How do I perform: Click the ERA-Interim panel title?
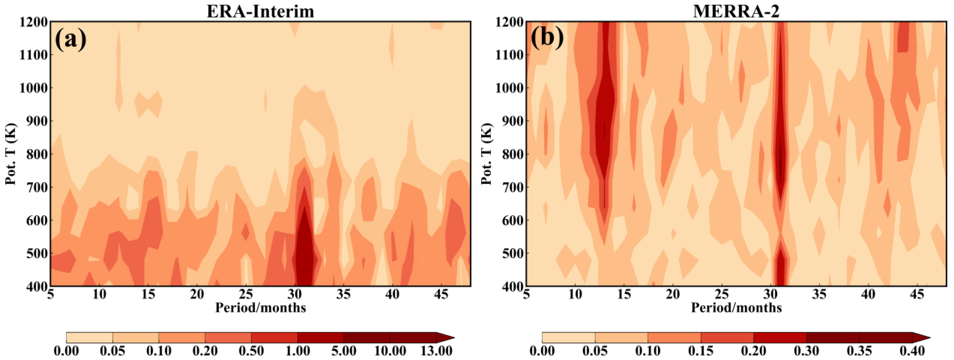pyautogui.click(x=260, y=11)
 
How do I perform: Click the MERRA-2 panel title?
pyautogui.click(x=736, y=11)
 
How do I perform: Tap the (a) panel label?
pyautogui.click(x=70, y=39)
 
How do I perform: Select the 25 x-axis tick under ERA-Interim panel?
pyautogui.click(x=246, y=295)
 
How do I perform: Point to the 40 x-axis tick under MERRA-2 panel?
pyautogui.click(x=868, y=295)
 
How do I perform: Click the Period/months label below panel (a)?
pyautogui.click(x=260, y=308)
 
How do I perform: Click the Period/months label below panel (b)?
pyautogui.click(x=736, y=308)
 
